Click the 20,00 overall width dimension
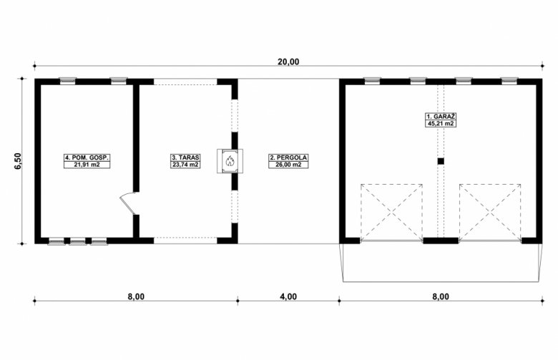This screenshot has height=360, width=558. tap(288, 62)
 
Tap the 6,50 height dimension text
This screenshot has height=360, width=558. tap(18, 161)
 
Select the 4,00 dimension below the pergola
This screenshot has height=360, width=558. tap(288, 296)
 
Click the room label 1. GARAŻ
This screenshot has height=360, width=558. tap(441, 117)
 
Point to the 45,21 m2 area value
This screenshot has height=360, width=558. tap(441, 124)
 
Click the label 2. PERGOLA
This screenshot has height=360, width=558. tap(288, 157)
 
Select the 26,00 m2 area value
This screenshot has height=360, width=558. tap(288, 165)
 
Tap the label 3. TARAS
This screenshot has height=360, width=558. tap(185, 157)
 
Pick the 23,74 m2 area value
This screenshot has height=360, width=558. tap(185, 165)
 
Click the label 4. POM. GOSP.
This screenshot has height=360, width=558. tap(87, 157)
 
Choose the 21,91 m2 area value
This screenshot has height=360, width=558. tap(87, 165)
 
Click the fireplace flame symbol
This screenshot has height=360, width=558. tap(230, 161)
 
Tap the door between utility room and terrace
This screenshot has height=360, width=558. tap(129, 203)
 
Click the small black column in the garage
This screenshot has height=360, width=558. tap(441, 161)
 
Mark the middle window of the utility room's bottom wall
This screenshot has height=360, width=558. tap(77, 241)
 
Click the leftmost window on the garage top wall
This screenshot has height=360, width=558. tap(372, 80)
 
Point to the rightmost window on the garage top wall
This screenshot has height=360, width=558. tap(509, 80)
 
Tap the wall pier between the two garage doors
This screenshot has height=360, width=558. tap(441, 240)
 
